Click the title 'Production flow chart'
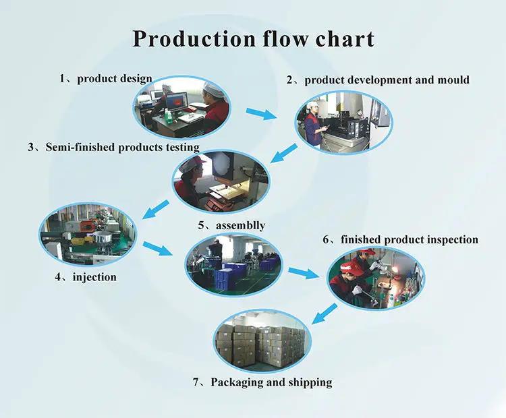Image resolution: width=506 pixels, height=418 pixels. click(x=253, y=38)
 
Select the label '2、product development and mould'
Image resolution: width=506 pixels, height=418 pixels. click(x=377, y=80)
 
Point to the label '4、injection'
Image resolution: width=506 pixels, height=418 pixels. click(x=86, y=276)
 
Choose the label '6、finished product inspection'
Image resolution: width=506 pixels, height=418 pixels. click(x=400, y=239)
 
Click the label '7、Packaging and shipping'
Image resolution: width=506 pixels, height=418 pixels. click(x=262, y=382)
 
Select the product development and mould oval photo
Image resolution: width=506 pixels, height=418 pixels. click(x=343, y=121)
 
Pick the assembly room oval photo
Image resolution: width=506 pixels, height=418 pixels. click(x=233, y=265)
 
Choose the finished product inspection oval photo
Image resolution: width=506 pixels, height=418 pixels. click(x=376, y=278)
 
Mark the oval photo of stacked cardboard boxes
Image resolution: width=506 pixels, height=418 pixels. click(x=262, y=341)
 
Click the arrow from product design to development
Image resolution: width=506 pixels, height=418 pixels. click(x=260, y=113)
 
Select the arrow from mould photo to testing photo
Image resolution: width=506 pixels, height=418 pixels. click(x=283, y=154)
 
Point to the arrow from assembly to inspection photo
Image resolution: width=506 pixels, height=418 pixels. click(x=303, y=273)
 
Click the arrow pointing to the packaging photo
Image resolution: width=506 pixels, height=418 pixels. click(x=326, y=312)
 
